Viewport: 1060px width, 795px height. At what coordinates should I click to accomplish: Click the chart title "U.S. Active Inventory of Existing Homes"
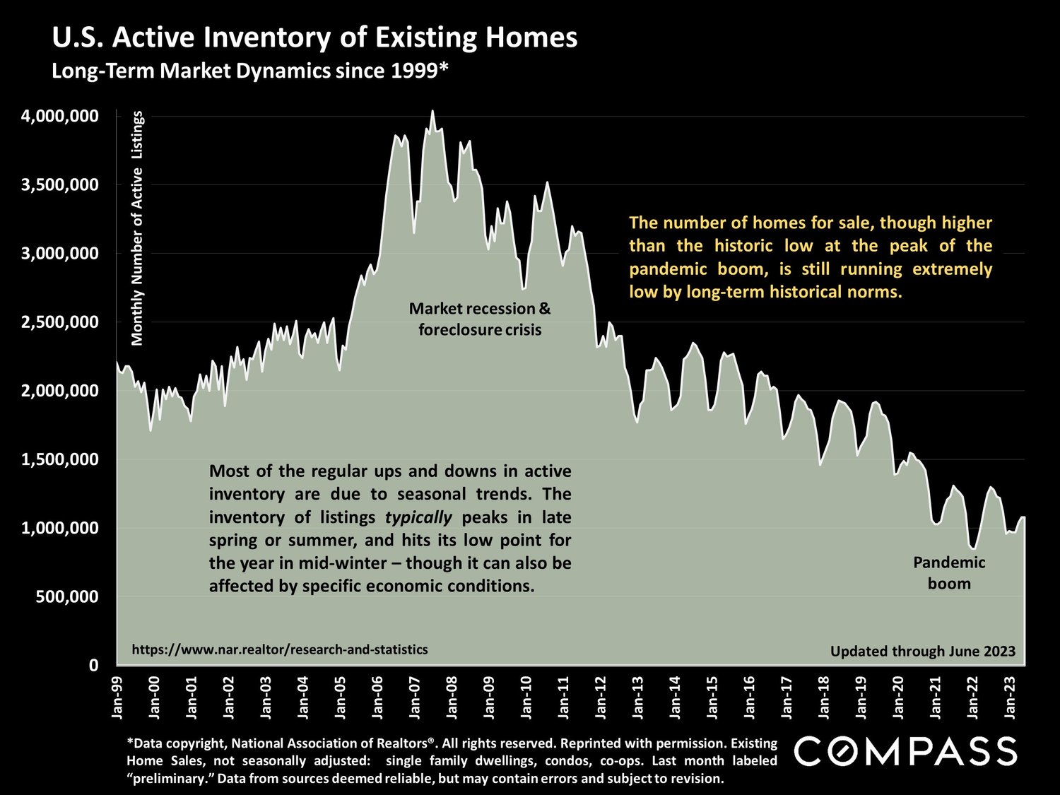click(314, 37)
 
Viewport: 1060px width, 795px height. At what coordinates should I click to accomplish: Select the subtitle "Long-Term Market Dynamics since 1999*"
click(250, 71)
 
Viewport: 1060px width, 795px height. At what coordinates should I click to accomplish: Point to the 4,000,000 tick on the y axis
click(59, 116)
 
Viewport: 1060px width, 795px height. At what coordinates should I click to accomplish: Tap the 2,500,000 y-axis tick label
click(59, 322)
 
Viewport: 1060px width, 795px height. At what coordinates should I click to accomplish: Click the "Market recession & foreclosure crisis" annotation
click(480, 319)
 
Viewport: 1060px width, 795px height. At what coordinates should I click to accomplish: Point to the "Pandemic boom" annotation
click(949, 573)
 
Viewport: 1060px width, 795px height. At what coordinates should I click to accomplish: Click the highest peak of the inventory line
click(432, 111)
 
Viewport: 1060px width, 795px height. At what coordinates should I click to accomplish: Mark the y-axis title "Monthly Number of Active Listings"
click(137, 228)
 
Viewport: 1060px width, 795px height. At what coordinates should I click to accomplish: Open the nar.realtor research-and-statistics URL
click(280, 649)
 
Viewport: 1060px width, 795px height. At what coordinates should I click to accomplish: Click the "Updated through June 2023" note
click(922, 652)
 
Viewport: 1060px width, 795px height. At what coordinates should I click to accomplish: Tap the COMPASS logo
click(905, 752)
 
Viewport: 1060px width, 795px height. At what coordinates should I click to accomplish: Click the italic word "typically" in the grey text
click(418, 517)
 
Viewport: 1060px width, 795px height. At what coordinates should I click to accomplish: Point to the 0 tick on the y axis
click(93, 665)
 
